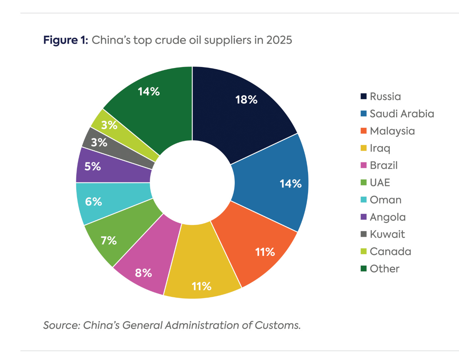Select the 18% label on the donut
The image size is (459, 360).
coord(246,100)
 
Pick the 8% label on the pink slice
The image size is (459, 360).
coord(143,273)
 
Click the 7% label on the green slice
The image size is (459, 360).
coord(109,240)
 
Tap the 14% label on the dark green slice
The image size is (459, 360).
coord(149,92)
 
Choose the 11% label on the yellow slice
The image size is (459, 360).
coord(201,286)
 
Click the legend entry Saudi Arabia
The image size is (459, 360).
coord(402,114)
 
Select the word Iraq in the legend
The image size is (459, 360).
coord(380,148)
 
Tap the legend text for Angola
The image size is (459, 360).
coord(388,217)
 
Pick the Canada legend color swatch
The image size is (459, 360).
coord(363,252)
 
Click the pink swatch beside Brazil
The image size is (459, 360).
coord(363,165)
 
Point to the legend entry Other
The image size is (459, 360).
coord(384,269)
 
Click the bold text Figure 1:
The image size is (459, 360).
coord(66,40)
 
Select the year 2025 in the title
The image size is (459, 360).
coord(279,40)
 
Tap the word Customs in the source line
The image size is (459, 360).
coord(278,325)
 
